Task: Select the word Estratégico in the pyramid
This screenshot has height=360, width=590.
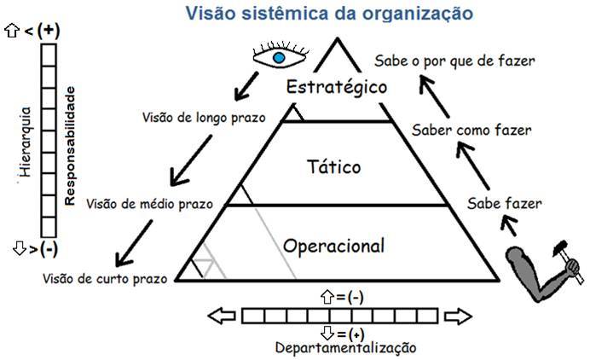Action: click(x=337, y=87)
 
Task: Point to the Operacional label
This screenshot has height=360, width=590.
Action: click(x=333, y=246)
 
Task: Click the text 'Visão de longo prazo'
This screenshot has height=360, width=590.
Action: click(x=204, y=117)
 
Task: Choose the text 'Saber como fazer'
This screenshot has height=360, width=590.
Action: click(x=471, y=131)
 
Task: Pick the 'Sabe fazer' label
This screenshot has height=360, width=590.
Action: click(x=505, y=203)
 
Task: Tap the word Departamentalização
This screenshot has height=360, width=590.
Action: click(x=345, y=347)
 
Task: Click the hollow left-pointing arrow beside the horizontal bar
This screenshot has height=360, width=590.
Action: click(x=221, y=316)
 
